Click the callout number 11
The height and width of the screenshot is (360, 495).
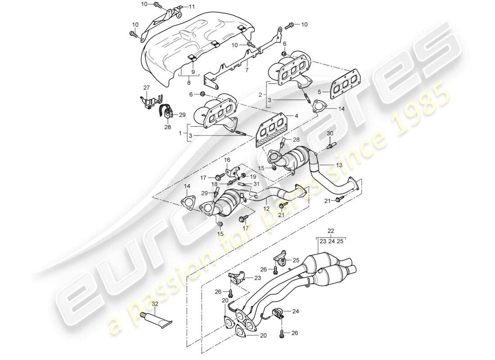(x=192, y=6)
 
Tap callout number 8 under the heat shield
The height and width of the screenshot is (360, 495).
(x=188, y=83)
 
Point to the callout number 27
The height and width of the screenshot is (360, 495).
(x=146, y=87)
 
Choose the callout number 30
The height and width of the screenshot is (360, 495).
(x=329, y=133)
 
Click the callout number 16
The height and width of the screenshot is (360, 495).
(x=227, y=160)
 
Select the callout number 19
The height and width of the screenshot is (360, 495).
(x=253, y=177)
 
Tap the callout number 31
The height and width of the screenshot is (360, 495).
(x=256, y=183)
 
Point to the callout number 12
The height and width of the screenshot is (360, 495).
(x=267, y=208)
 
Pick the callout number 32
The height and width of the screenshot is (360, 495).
(x=155, y=304)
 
